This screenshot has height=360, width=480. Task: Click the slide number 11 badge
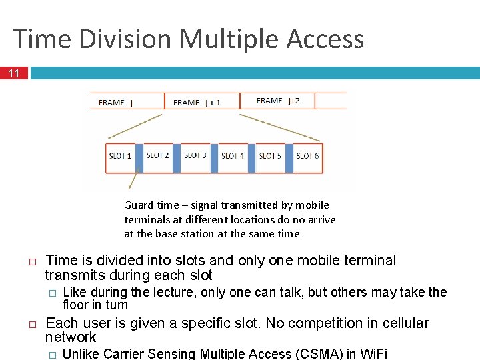click(x=14, y=73)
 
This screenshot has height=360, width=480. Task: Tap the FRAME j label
click(x=115, y=103)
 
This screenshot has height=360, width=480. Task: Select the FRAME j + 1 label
click(x=197, y=103)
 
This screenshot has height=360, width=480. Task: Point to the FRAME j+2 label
click(x=278, y=101)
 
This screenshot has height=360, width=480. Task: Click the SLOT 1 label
click(x=120, y=156)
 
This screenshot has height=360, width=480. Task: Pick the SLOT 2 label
click(x=157, y=155)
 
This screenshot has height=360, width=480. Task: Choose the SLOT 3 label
click(x=195, y=155)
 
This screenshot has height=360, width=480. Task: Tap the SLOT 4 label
click(x=232, y=156)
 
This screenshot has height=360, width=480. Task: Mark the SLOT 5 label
click(x=270, y=156)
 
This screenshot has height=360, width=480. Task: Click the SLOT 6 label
click(x=307, y=156)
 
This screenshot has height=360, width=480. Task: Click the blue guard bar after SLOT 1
click(x=139, y=157)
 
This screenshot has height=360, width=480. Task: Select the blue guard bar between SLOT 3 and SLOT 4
click(x=214, y=157)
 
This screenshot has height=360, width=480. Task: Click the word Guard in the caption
click(x=138, y=205)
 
